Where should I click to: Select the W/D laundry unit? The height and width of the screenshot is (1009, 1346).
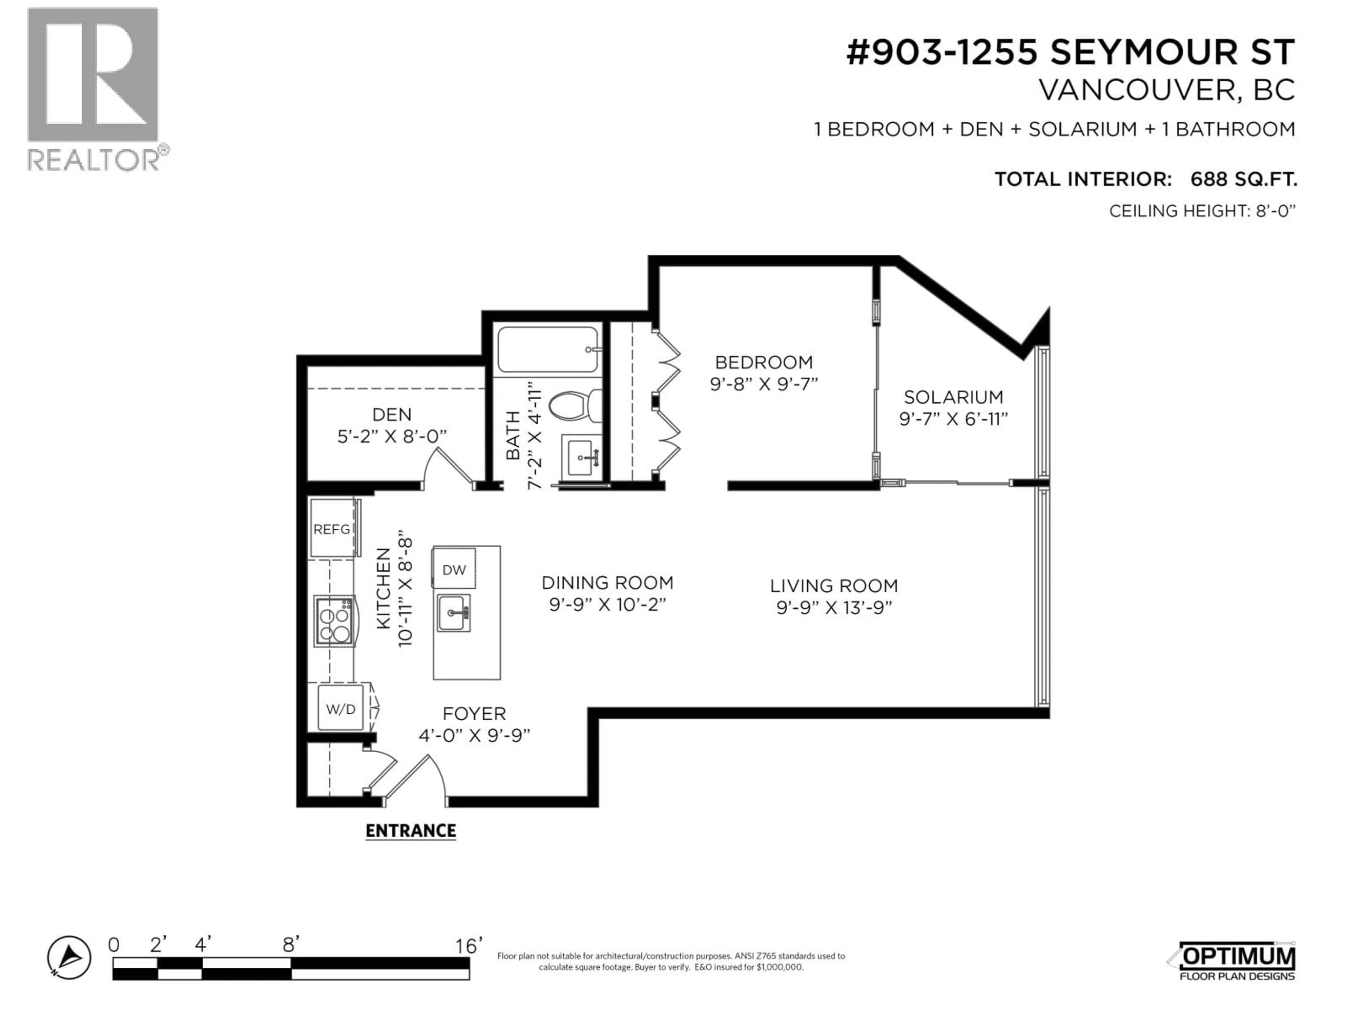click(x=341, y=708)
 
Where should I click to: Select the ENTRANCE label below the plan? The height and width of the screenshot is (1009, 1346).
click(x=411, y=831)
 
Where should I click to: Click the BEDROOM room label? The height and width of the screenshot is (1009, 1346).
click(x=764, y=363)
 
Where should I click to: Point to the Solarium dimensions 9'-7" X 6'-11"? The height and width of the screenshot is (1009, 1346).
click(x=953, y=419)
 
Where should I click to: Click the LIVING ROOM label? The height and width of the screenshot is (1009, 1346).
click(x=834, y=586)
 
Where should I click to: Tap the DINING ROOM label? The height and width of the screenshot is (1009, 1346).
click(x=607, y=583)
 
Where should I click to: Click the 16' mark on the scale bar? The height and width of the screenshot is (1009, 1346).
click(x=469, y=946)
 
